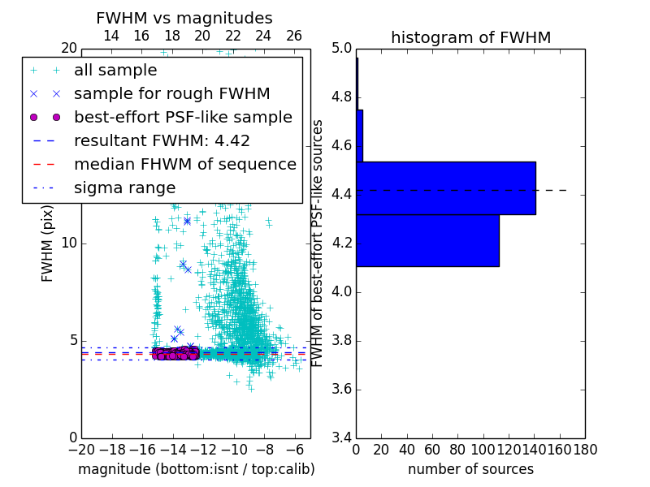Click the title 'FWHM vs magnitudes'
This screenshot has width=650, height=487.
[184, 18]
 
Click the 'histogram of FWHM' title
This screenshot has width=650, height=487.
[470, 37]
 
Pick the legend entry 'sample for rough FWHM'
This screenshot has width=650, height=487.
[171, 93]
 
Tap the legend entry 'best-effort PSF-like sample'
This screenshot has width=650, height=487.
[183, 117]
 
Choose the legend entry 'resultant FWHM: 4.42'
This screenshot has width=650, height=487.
[162, 140]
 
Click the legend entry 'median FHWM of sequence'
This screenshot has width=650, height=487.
[184, 164]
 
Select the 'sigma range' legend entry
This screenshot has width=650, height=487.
[124, 187]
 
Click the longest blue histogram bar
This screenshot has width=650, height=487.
[445, 187]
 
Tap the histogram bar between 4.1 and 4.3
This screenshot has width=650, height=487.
[427, 240]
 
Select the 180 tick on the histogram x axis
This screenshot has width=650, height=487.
[584, 449]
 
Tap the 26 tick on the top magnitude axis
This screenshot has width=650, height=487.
[294, 36]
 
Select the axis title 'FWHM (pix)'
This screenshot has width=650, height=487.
[48, 243]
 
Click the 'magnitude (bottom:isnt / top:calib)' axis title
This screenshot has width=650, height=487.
[196, 469]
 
